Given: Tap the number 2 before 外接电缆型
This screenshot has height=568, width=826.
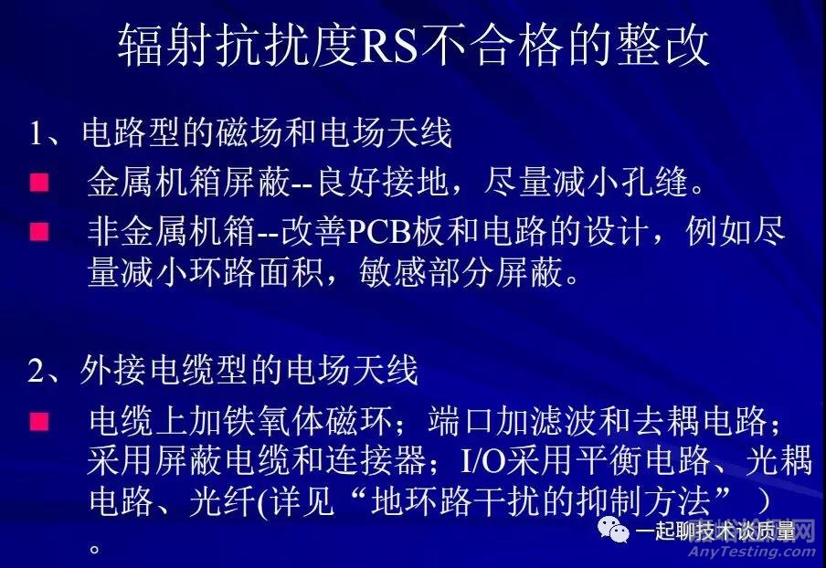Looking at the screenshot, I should tap(37, 372).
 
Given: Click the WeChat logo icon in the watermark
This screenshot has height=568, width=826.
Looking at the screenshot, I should tap(615, 530).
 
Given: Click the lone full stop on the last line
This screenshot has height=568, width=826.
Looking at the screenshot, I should tap(94, 548).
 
